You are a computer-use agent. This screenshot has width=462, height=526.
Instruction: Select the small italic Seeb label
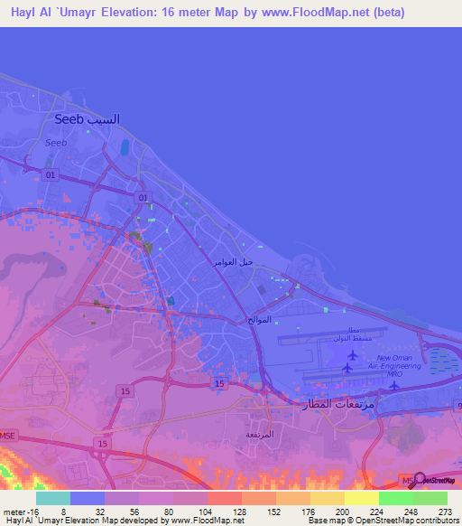(56, 142)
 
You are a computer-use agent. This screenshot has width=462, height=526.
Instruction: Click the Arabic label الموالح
(259, 320)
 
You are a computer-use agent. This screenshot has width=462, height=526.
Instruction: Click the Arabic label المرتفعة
(258, 435)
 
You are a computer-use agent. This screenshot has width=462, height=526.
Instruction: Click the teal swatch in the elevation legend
(53, 498)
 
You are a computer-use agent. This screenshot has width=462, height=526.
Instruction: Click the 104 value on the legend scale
(206, 511)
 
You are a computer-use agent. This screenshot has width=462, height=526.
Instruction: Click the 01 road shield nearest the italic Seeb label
(51, 174)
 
